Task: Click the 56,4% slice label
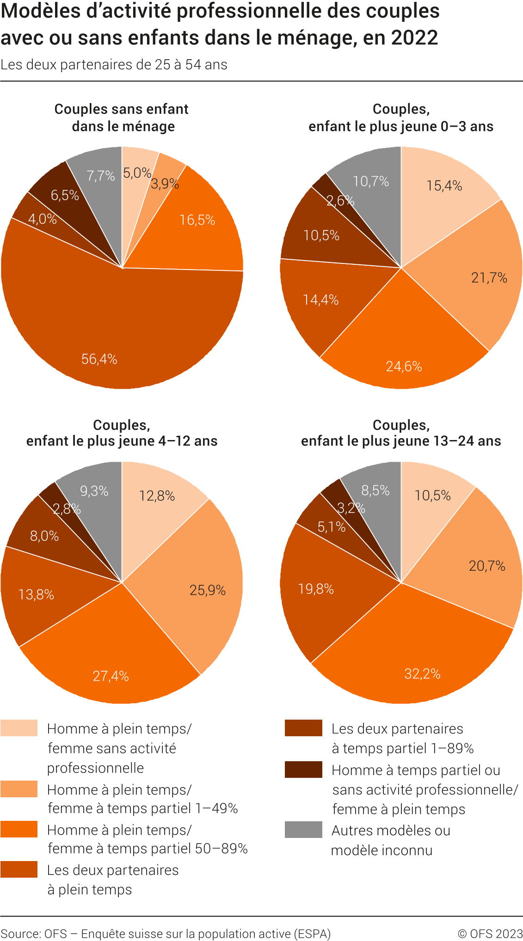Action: pyautogui.click(x=99, y=359)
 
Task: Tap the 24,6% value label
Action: pyautogui.click(x=404, y=367)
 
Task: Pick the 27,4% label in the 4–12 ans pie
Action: pyautogui.click(x=111, y=676)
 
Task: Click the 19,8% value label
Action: pyautogui.click(x=316, y=589)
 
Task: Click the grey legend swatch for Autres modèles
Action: pyautogui.click(x=303, y=830)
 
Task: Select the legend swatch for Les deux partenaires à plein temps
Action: pyautogui.click(x=19, y=869)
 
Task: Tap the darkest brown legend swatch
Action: pyautogui.click(x=303, y=770)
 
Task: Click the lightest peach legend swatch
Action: pyautogui.click(x=19, y=728)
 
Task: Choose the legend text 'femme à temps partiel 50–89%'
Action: pyautogui.click(x=148, y=849)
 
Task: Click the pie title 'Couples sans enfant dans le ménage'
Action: pyautogui.click(x=122, y=117)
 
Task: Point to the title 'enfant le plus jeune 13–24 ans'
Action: pyautogui.click(x=401, y=441)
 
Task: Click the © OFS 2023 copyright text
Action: pyautogui.click(x=490, y=934)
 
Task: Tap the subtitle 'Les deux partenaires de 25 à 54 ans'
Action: pyautogui.click(x=114, y=65)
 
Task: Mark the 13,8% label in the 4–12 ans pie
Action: pyautogui.click(x=36, y=594)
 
